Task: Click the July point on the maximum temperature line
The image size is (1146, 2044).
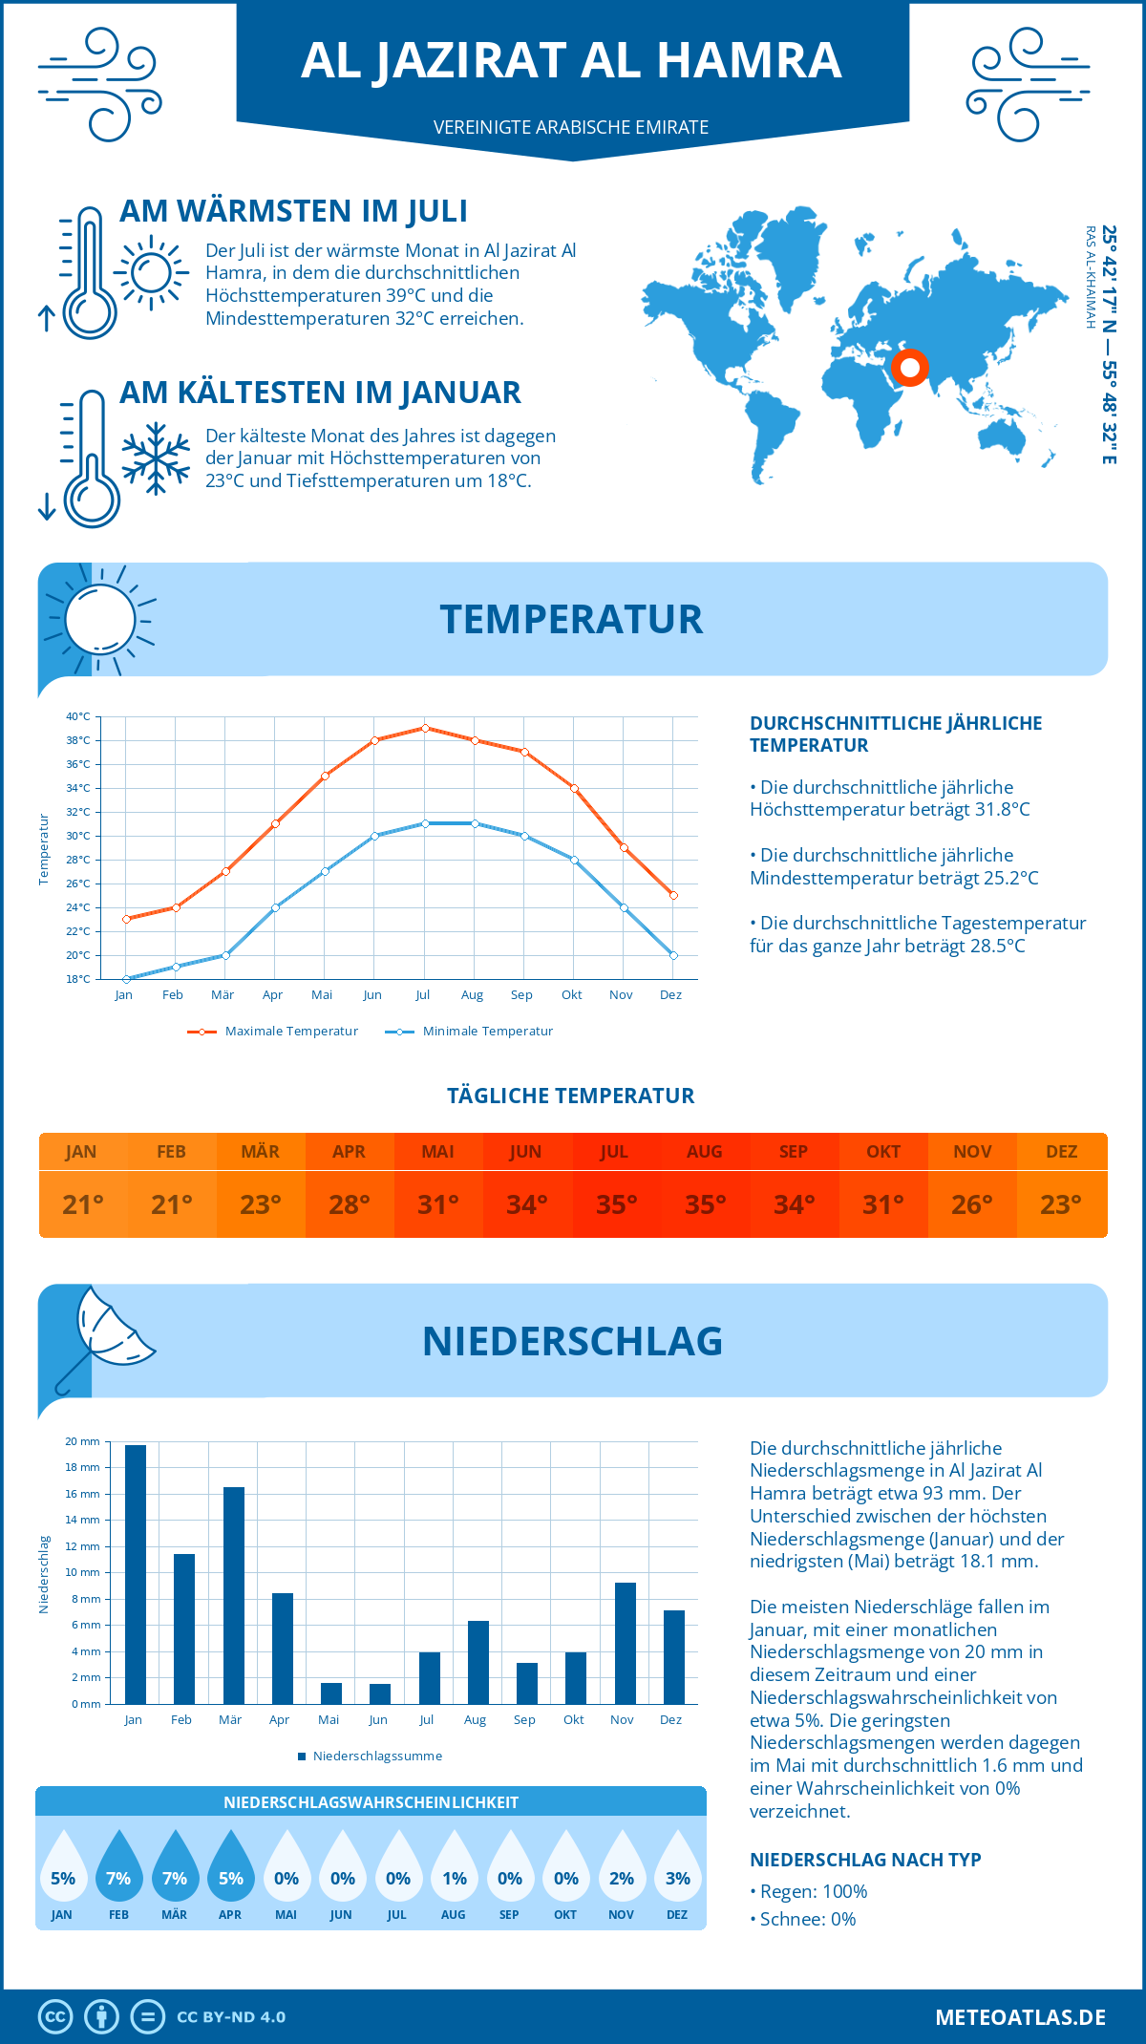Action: coord(425,728)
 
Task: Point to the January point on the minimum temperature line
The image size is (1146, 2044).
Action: coord(126,979)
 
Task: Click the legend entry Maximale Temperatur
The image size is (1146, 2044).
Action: coord(273,1032)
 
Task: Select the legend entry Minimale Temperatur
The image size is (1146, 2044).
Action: coord(470,1032)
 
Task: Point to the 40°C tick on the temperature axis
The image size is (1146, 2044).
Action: coord(78,716)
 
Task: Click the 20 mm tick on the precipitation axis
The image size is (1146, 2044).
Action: coord(82,1441)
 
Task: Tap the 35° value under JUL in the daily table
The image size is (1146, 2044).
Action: coord(616,1204)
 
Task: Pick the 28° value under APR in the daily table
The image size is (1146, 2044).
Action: coord(350,1204)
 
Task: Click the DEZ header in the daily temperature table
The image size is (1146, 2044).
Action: coord(1061,1152)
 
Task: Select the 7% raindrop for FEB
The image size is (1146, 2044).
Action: coord(118,1866)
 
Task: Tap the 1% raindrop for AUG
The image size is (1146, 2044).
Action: coord(455,1866)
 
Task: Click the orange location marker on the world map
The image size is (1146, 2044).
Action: coord(909,367)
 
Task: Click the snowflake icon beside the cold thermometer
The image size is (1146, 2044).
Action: coord(156,458)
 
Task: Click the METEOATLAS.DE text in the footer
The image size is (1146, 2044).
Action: coord(1020,2017)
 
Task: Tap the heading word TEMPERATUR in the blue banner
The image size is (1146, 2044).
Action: coord(571,619)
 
